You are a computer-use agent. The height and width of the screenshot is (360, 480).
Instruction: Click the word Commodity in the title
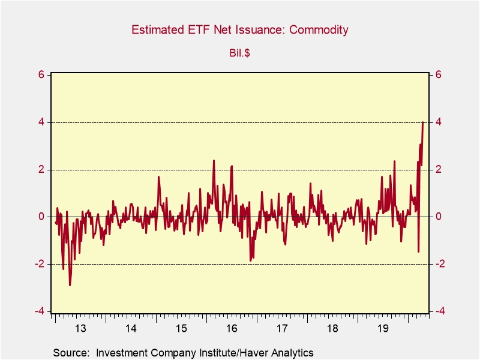[319, 30]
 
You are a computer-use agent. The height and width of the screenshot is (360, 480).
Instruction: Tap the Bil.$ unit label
[240, 53]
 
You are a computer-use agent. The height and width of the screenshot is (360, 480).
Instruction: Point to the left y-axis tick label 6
[41, 75]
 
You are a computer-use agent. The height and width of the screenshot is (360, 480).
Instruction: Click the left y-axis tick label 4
[41, 122]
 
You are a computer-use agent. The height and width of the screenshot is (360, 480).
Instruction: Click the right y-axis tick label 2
[439, 170]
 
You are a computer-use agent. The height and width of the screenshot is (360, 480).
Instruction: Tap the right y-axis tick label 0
[439, 217]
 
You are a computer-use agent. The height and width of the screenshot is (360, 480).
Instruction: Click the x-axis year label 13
[81, 328]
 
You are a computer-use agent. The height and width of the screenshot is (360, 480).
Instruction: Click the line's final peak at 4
[423, 122]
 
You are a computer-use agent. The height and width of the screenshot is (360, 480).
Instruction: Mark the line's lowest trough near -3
[70, 285]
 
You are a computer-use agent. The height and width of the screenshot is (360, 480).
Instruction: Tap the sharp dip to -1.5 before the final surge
[418, 251]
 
